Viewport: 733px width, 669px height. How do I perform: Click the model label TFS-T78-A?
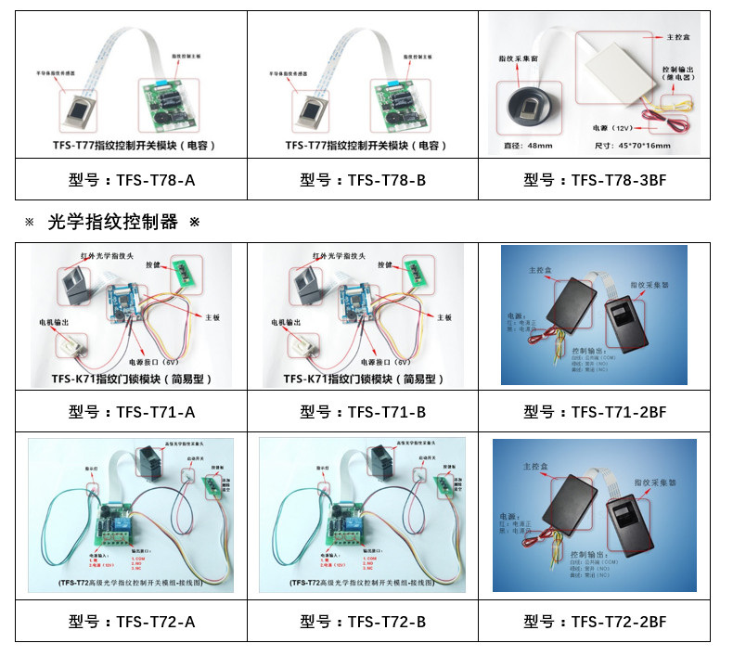(x=132, y=180)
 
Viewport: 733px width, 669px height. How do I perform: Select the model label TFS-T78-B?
(x=363, y=180)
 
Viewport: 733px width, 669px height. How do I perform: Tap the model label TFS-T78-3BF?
(x=595, y=180)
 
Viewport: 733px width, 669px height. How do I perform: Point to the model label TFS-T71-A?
(x=132, y=412)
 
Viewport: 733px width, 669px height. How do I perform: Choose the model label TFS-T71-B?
(x=363, y=412)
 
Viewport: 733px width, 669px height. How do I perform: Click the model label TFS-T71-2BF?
(x=595, y=412)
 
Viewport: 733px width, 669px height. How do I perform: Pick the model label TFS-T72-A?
(x=132, y=622)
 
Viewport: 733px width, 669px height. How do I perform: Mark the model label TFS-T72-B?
(x=363, y=622)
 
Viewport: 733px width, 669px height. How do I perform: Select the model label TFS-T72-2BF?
(x=595, y=622)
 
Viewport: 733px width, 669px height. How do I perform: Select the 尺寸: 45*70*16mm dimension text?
(x=631, y=146)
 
